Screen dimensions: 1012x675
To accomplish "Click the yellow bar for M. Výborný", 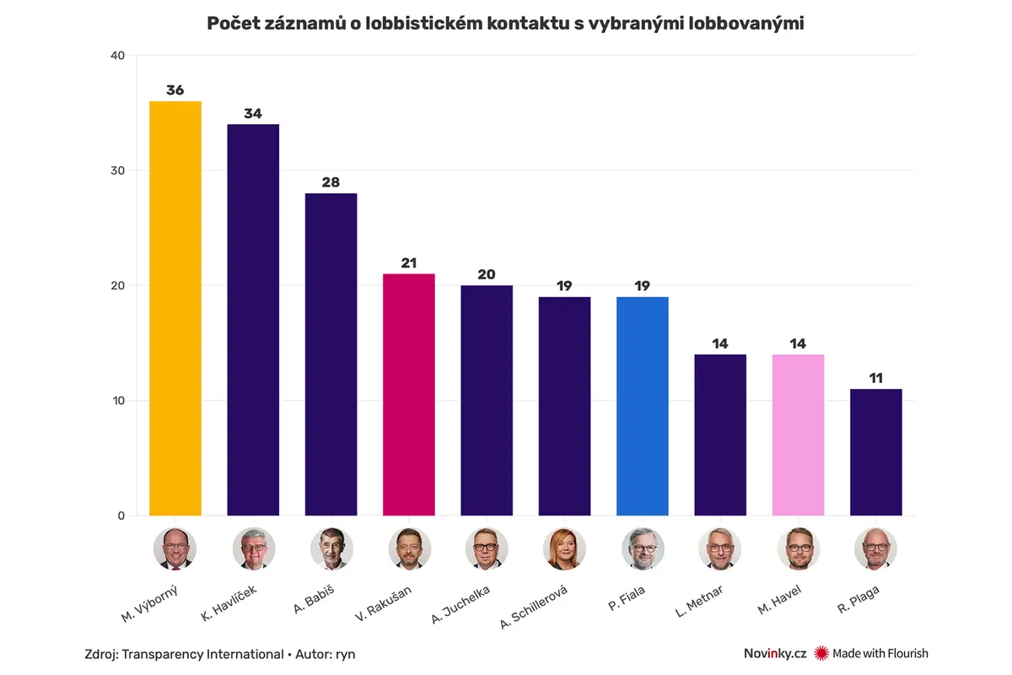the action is click(x=175, y=308).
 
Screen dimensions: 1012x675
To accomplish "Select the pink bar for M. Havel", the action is click(x=799, y=435).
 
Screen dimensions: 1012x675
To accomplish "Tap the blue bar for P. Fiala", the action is click(x=643, y=406).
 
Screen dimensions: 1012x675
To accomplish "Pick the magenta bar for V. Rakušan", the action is click(x=409, y=395).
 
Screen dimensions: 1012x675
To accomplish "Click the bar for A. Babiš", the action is click(x=331, y=354).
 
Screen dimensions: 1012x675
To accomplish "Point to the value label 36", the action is click(x=175, y=90).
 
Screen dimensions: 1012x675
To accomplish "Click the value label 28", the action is click(x=331, y=182).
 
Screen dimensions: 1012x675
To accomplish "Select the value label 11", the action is click(x=876, y=378).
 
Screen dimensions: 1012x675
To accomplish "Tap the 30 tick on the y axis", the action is click(x=117, y=170).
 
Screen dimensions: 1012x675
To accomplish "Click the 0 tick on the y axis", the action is click(x=121, y=516).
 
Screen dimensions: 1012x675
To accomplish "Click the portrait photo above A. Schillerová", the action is click(x=564, y=549).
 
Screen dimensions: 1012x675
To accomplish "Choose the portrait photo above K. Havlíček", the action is click(x=254, y=549).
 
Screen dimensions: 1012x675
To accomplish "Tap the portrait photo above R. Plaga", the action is click(x=875, y=549).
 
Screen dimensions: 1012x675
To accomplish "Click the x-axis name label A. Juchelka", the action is click(x=460, y=604).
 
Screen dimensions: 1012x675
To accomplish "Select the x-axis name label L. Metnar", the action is click(x=699, y=602).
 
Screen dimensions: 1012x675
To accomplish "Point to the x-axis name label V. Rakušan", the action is click(x=383, y=603).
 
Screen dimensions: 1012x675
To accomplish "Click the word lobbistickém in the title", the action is click(x=423, y=24).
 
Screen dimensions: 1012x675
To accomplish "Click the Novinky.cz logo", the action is click(x=775, y=653).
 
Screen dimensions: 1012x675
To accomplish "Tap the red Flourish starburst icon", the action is click(x=821, y=653).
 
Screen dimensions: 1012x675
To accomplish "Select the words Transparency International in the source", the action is click(x=203, y=654).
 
